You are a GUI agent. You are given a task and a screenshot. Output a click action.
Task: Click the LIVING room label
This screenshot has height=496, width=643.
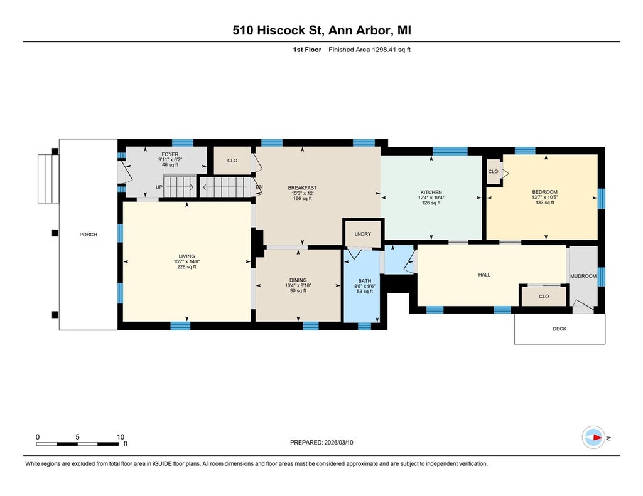click(186, 256)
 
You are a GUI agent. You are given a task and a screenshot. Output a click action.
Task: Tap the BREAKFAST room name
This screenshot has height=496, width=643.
click(302, 188)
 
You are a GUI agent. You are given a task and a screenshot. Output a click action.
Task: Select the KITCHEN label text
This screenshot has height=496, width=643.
click(431, 192)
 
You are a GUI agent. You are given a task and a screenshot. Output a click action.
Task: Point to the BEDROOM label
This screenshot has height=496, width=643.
click(544, 192)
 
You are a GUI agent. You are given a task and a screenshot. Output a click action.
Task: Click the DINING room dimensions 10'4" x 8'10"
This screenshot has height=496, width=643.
click(298, 285)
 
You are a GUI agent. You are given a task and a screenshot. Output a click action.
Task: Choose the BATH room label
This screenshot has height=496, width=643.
click(365, 281)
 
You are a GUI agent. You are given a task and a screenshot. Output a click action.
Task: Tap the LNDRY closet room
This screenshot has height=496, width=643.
click(362, 234)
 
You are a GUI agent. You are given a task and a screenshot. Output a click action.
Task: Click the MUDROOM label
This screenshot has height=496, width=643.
click(583, 276)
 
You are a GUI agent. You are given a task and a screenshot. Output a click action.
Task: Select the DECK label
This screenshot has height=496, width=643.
click(559, 329)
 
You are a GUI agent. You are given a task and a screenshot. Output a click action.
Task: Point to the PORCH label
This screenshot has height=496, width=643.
click(88, 235)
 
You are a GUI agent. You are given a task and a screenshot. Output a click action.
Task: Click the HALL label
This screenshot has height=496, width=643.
click(484, 275)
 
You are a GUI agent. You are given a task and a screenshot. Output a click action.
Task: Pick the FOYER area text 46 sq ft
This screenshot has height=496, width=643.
click(170, 165)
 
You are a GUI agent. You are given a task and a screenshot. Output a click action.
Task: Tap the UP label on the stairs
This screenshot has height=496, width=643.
click(159, 187)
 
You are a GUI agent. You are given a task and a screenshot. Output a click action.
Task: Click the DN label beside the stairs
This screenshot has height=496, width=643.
click(259, 187)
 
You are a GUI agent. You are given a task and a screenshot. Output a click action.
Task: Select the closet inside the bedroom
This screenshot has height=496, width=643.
click(494, 172)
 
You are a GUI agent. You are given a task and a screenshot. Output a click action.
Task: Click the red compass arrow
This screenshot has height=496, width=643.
click(598, 438)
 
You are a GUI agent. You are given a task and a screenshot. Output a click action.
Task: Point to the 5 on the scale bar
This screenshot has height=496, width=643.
click(77, 437)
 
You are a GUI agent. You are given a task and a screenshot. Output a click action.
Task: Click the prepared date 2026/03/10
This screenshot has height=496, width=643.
click(338, 442)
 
